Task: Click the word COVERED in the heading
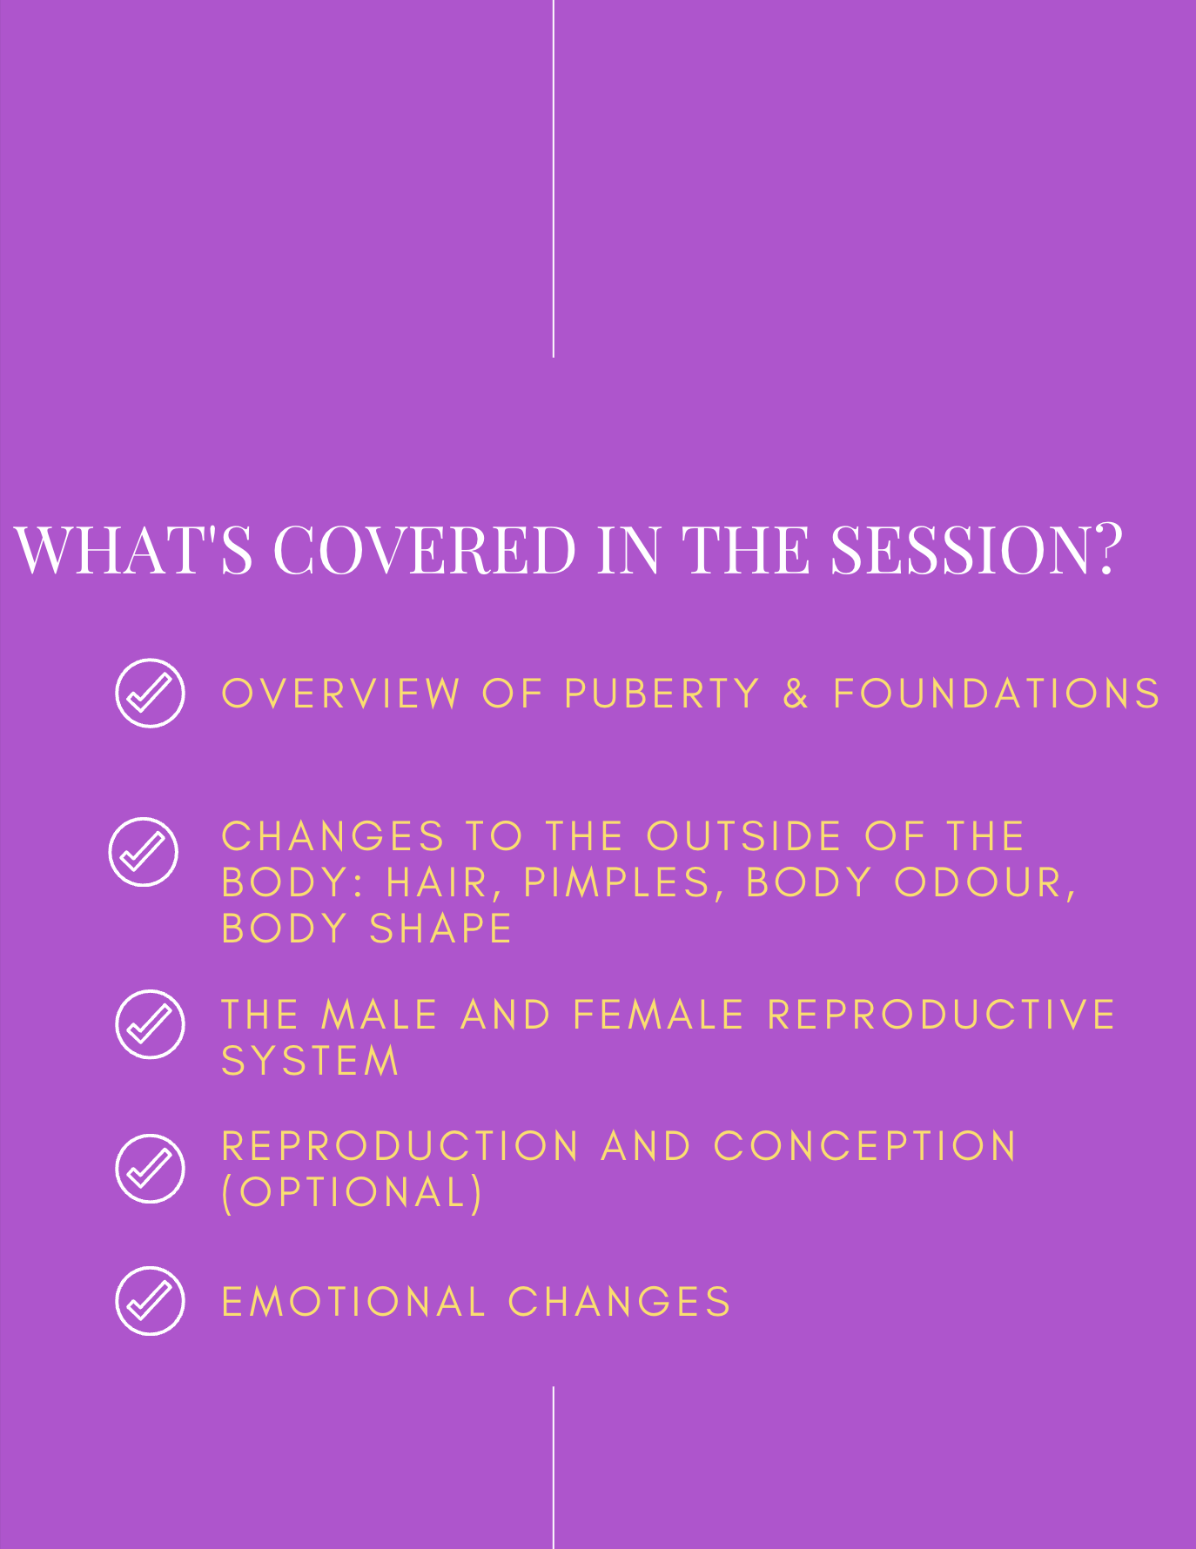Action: [x=425, y=550]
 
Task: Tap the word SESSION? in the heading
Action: [x=977, y=550]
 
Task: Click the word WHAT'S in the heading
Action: [x=133, y=550]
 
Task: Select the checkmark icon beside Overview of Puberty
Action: [x=150, y=693]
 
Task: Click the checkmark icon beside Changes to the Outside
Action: [x=144, y=852]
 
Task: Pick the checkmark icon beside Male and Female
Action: [x=150, y=1024]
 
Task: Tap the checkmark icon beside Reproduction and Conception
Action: [x=150, y=1169]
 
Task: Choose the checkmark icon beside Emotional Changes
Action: [x=150, y=1301]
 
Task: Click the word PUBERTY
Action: [x=662, y=694]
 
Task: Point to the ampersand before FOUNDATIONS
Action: [x=796, y=694]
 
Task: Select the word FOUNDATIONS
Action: [x=997, y=694]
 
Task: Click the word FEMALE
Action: [x=659, y=1016]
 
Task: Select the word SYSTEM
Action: [x=310, y=1062]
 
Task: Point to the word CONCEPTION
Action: [x=865, y=1146]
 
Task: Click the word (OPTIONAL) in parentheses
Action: [x=352, y=1192]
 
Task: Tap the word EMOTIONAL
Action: [x=353, y=1303]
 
